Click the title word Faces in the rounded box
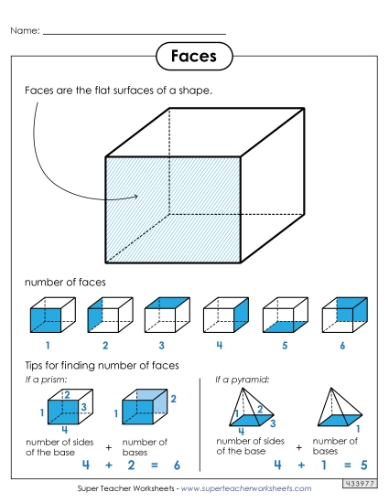point(193,56)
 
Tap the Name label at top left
point(26,31)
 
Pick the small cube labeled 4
point(221,316)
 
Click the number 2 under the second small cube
point(105,346)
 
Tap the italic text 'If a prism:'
point(45,379)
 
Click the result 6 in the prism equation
point(177,465)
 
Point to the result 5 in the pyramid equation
point(364,465)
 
